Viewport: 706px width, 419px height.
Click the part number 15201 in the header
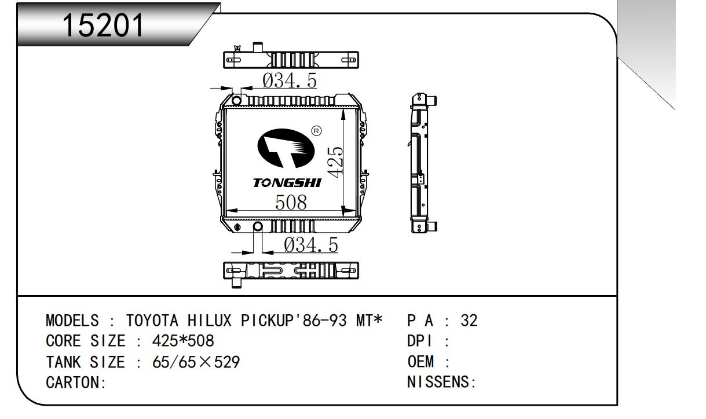[103, 25]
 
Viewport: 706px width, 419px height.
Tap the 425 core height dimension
[335, 162]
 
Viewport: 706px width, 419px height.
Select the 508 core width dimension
[291, 202]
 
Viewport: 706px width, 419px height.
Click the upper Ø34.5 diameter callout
[290, 80]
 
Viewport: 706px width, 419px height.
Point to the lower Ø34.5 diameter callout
[311, 245]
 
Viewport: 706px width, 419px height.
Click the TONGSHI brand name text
[287, 183]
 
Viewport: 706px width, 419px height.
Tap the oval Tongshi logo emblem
[286, 148]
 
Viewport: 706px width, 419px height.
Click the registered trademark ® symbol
[316, 131]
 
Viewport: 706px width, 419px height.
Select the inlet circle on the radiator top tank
[236, 101]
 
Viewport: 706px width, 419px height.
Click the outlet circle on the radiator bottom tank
[258, 226]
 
